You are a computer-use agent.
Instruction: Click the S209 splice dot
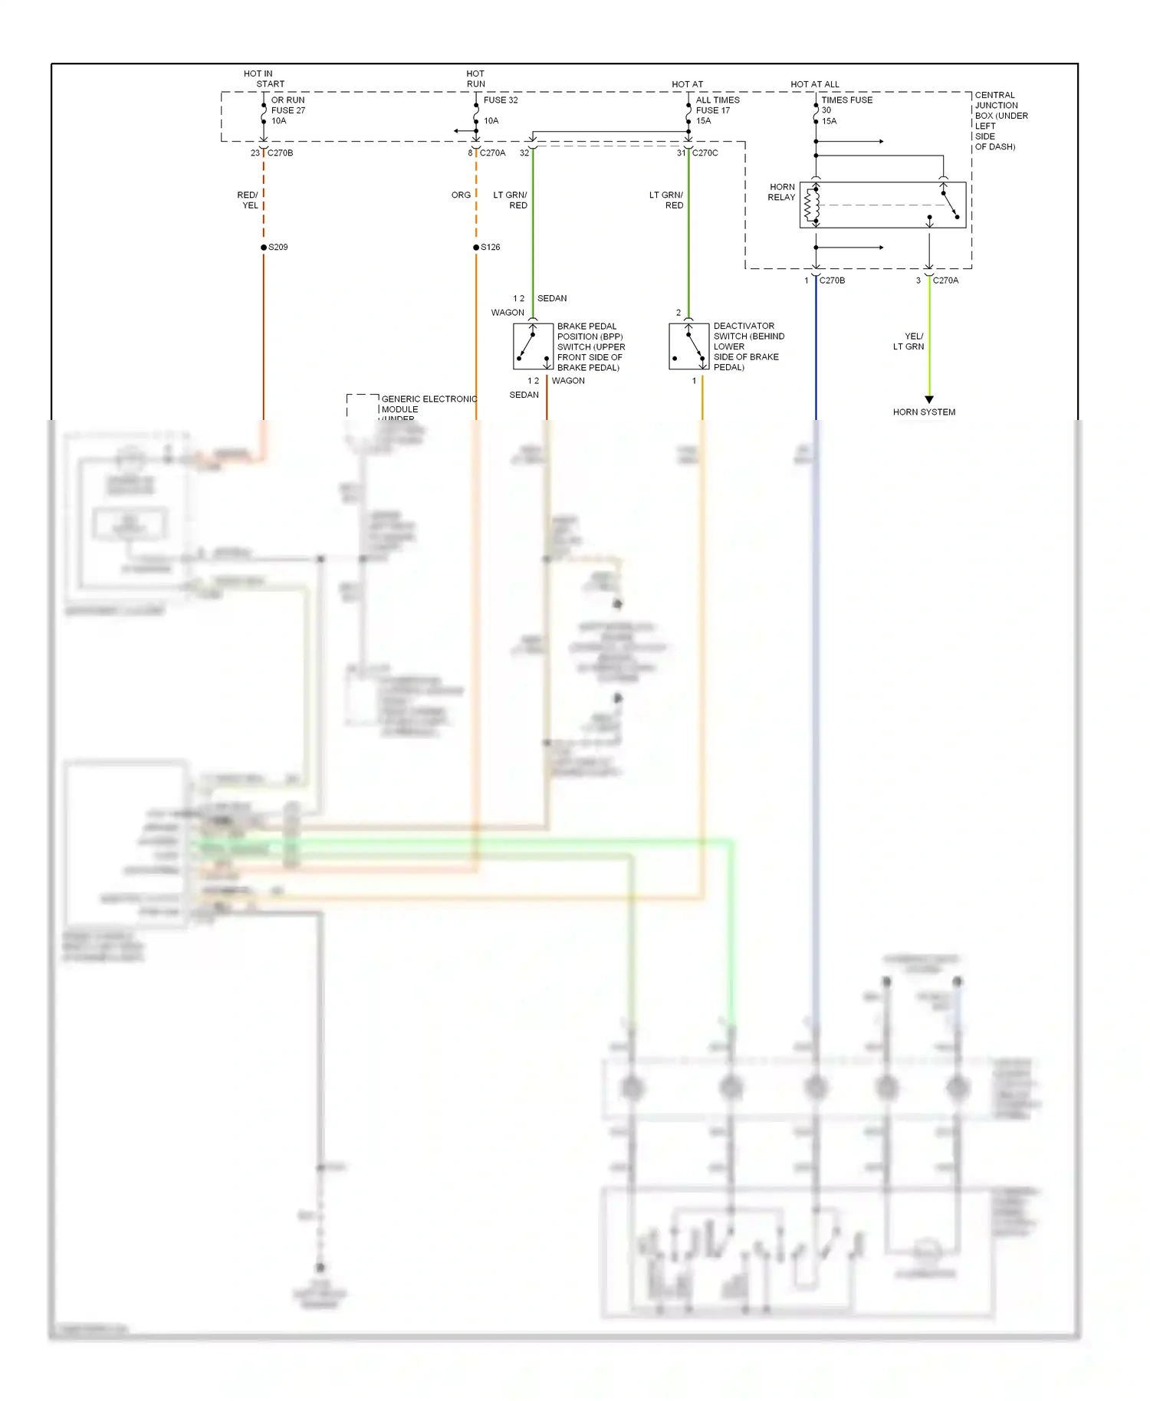pyautogui.click(x=264, y=248)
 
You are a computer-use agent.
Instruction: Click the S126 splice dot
pyautogui.click(x=476, y=248)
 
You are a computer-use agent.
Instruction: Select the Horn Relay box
pyautogui.click(x=882, y=205)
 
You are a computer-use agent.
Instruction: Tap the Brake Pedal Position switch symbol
pyautogui.click(x=533, y=346)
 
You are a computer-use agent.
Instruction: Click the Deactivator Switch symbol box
pyautogui.click(x=688, y=346)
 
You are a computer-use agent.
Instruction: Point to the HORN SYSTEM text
pyautogui.click(x=924, y=412)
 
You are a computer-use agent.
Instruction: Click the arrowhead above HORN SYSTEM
pyautogui.click(x=929, y=399)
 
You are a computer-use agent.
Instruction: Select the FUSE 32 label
pyautogui.click(x=501, y=100)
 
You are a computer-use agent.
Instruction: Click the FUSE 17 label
pyautogui.click(x=713, y=110)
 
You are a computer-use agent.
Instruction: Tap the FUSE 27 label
pyautogui.click(x=288, y=110)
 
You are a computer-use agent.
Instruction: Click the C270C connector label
pyautogui.click(x=705, y=153)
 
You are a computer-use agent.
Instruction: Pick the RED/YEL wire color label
pyautogui.click(x=248, y=200)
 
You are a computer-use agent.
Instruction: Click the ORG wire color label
pyautogui.click(x=461, y=195)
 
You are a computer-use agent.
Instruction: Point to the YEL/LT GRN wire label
pyautogui.click(x=909, y=342)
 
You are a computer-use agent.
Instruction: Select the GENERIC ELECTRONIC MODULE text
pyautogui.click(x=428, y=404)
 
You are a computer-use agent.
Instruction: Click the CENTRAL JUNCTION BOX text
pyautogui.click(x=999, y=120)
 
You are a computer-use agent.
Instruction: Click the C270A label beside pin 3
pyautogui.click(x=945, y=281)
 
